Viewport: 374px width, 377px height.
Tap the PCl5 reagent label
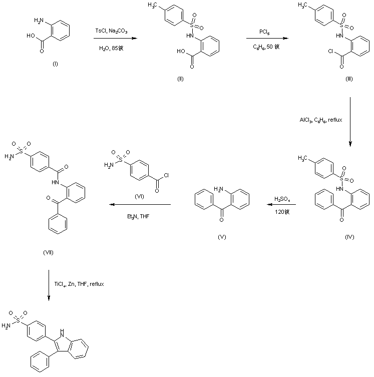[x=265, y=32]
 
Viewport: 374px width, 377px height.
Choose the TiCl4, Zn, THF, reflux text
[x=79, y=284]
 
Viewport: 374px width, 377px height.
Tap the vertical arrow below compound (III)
[x=350, y=120]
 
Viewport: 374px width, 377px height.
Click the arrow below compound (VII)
[x=49, y=285]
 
